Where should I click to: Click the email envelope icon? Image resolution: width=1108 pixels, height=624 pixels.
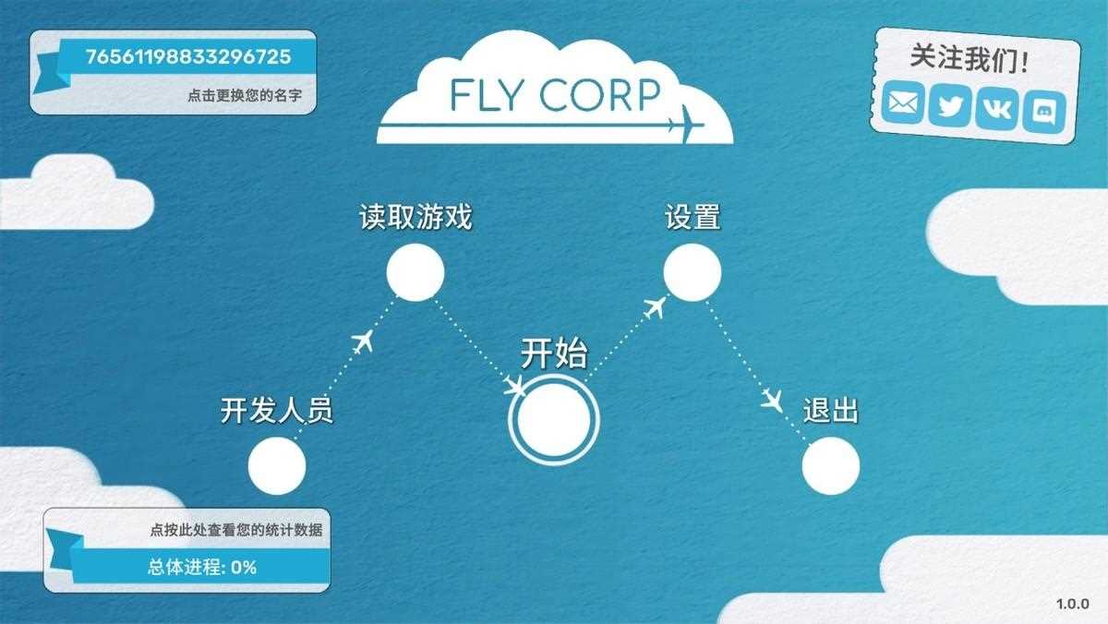coord(903,102)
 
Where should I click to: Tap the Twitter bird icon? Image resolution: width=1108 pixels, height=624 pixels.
coord(950,106)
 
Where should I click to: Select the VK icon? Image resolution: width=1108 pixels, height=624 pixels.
coord(996,109)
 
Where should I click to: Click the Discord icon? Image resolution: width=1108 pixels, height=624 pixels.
coord(1043,113)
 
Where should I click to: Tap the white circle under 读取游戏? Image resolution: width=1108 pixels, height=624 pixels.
coord(415,272)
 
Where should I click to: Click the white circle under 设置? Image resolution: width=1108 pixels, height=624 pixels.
coord(692,272)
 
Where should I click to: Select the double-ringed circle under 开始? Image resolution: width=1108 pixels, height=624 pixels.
coord(554,420)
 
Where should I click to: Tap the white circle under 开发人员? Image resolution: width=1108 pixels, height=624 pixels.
coord(277,466)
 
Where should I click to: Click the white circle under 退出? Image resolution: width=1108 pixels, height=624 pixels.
coord(830,466)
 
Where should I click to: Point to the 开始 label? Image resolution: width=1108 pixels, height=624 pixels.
coord(554,354)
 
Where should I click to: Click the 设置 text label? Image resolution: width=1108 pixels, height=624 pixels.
coord(692,217)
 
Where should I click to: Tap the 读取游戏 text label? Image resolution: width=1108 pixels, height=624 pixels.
coord(415,217)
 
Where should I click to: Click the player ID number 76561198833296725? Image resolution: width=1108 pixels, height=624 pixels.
coord(188,57)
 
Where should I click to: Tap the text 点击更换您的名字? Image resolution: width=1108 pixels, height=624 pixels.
coord(245,95)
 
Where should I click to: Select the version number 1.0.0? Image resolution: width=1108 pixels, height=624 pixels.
coord(1072,604)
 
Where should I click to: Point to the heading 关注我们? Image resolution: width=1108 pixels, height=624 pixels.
coord(969,59)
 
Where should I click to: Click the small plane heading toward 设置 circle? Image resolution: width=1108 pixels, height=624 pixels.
coord(655,307)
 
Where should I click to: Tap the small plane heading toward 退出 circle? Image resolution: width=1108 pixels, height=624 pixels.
coord(772,400)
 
